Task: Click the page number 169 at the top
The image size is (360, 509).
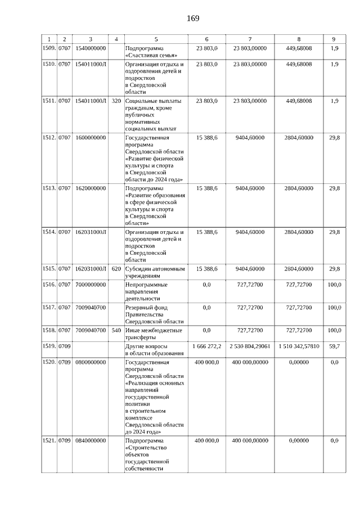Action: tap(193, 18)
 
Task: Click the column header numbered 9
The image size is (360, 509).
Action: tap(334, 39)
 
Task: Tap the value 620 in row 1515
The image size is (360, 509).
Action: tap(116, 269)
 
